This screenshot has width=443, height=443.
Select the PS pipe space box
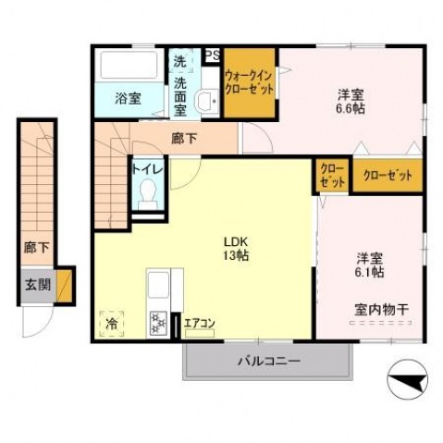pyautogui.click(x=212, y=55)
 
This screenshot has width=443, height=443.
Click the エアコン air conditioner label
pyautogui.click(x=200, y=323)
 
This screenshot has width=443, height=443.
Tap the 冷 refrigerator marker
pyautogui.click(x=111, y=325)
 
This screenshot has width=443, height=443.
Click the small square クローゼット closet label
pyautogui.click(x=332, y=175)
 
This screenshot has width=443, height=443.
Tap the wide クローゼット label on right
pyautogui.click(x=388, y=175)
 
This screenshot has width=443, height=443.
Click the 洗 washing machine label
pyautogui.click(x=179, y=62)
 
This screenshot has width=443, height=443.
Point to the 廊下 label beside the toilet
pyautogui.click(x=184, y=140)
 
